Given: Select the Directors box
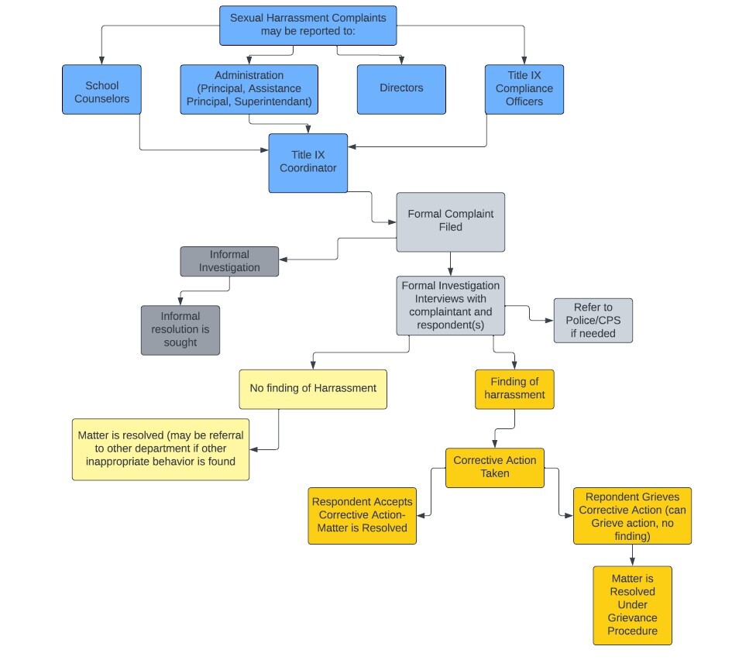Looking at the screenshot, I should tap(401, 89).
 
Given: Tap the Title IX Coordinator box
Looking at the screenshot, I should tap(308, 163).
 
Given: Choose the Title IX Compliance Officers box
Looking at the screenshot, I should tap(524, 90).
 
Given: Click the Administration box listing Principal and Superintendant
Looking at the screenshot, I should tap(249, 89).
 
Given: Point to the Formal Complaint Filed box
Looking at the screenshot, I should tap(450, 222).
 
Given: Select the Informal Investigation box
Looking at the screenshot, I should tap(229, 262).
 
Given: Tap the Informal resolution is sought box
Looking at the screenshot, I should tap(180, 330).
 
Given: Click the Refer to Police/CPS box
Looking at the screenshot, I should tap(593, 321).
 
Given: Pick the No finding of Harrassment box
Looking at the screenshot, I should tap(312, 389).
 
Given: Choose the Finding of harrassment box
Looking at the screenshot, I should tap(514, 389).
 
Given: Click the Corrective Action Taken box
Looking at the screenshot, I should tap(494, 467).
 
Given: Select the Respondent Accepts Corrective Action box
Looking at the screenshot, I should tap(362, 515).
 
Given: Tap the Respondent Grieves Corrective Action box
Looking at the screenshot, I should tap(631, 516).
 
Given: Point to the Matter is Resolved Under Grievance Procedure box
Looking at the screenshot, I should tap(632, 605).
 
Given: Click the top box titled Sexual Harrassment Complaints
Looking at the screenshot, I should tap(308, 26).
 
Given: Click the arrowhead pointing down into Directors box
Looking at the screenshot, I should tap(401, 60).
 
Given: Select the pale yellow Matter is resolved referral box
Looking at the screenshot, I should tap(160, 449).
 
